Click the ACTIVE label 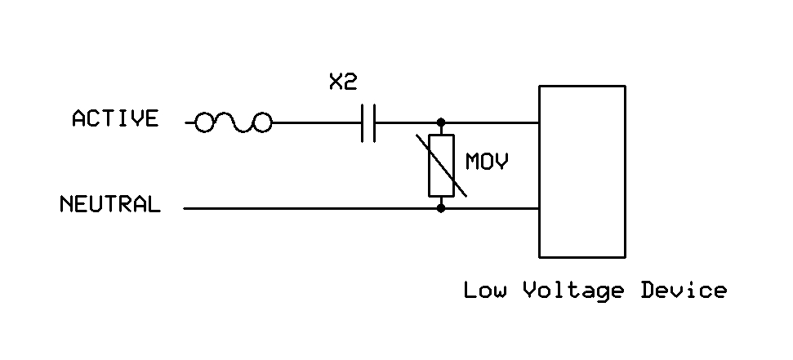click(x=114, y=119)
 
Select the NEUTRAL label click(x=109, y=204)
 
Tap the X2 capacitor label click(x=343, y=82)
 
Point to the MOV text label click(x=487, y=162)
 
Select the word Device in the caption click(x=684, y=290)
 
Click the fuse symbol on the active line click(x=233, y=123)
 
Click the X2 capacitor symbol click(x=368, y=123)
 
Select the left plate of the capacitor click(x=363, y=123)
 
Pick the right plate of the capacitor click(x=374, y=123)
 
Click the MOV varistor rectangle click(x=441, y=166)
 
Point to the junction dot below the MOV click(x=441, y=208)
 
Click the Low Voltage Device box click(x=581, y=171)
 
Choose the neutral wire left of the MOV click(x=310, y=208)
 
